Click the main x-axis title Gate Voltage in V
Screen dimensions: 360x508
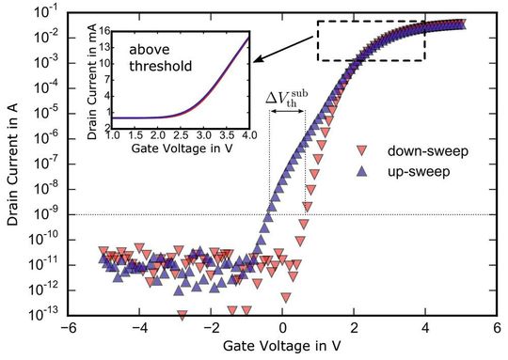click(281, 349)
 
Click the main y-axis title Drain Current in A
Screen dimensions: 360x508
click(10, 169)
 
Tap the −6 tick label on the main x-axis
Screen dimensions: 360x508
click(67, 330)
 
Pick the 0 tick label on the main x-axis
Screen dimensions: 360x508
click(283, 330)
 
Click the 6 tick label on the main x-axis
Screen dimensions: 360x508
click(498, 330)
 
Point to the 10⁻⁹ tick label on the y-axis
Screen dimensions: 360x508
click(42, 214)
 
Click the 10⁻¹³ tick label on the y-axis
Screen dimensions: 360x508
click(42, 313)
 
